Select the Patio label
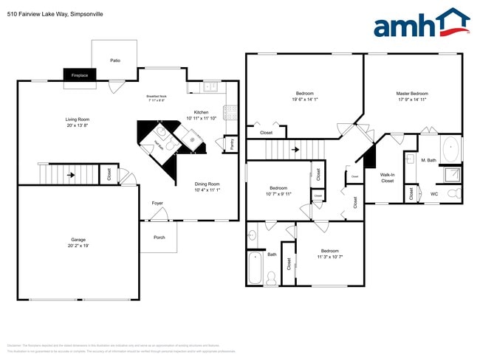(x=115, y=60)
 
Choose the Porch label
(x=159, y=237)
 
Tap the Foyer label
(x=157, y=202)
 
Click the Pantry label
(x=233, y=144)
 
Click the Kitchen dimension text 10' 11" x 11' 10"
(x=201, y=118)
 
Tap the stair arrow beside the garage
(x=71, y=176)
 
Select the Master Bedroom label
(x=412, y=94)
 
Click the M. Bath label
(x=428, y=160)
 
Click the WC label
(x=434, y=194)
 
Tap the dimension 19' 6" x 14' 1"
(x=305, y=100)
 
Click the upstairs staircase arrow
(x=295, y=150)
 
